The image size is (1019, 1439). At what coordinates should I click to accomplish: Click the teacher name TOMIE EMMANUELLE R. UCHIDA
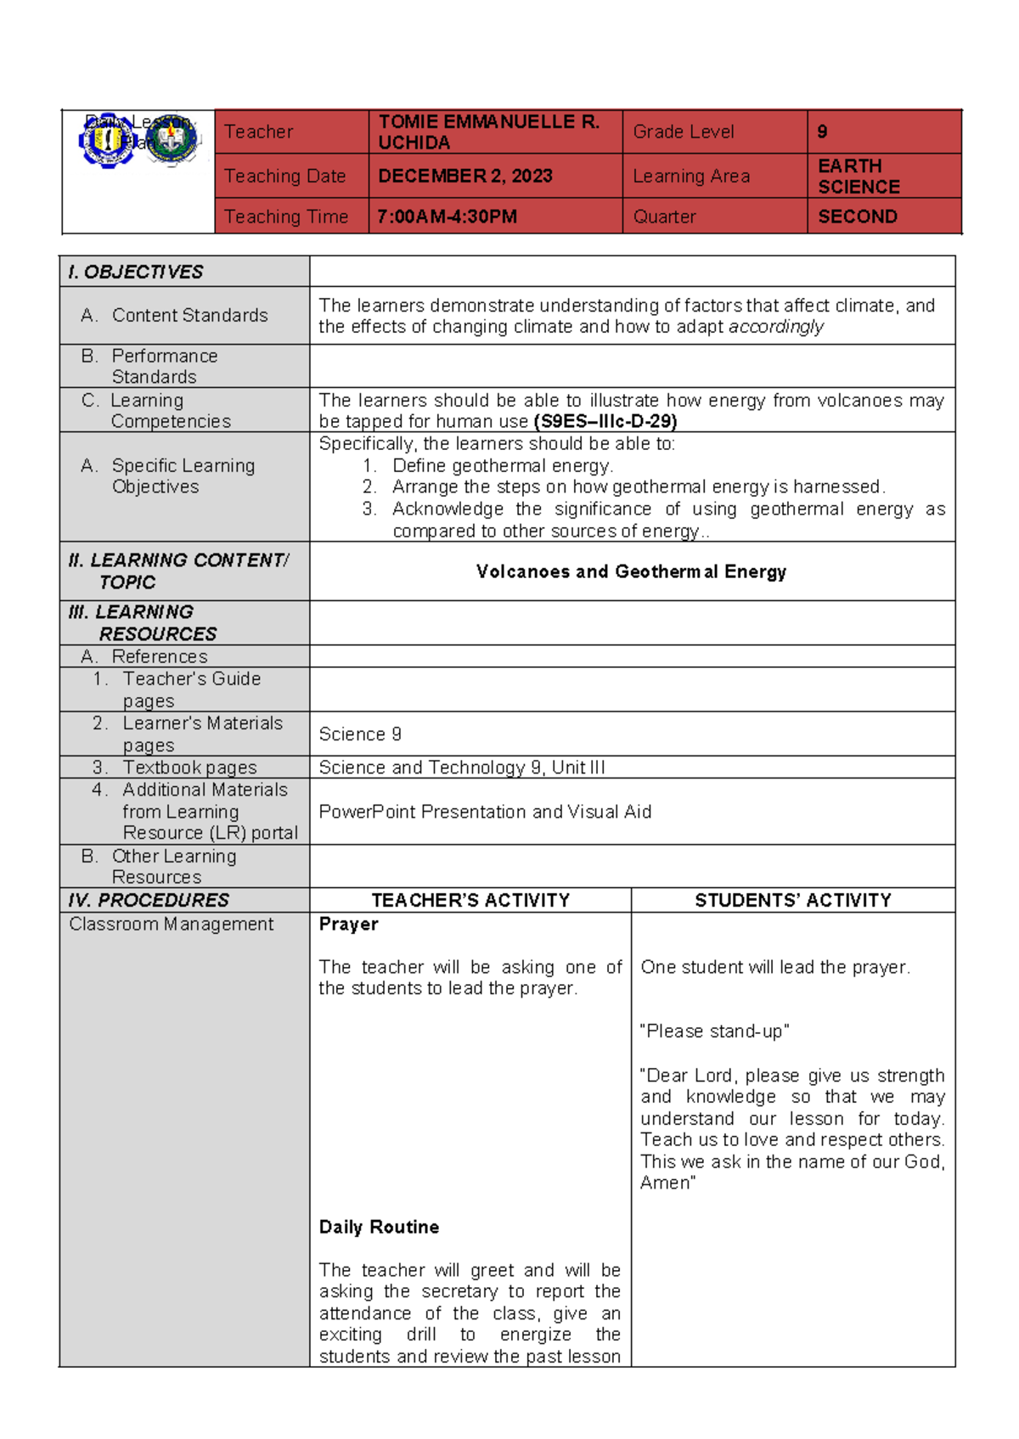(x=489, y=132)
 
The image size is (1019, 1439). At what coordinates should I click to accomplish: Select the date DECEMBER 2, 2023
(x=464, y=176)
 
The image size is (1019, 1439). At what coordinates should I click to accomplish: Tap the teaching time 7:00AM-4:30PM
(x=447, y=216)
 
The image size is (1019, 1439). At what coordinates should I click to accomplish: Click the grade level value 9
(x=822, y=132)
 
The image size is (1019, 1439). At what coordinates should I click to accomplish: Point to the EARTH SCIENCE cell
(x=858, y=176)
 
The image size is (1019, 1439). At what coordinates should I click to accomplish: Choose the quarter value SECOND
(x=857, y=216)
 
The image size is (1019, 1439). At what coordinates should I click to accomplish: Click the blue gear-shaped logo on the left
(x=106, y=141)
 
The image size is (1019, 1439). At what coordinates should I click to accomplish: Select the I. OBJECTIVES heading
(x=136, y=272)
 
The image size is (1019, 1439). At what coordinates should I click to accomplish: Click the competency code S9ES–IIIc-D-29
(x=605, y=421)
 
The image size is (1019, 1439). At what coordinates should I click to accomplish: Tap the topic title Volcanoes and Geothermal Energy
(x=631, y=571)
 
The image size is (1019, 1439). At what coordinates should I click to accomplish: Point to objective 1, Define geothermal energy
(x=502, y=465)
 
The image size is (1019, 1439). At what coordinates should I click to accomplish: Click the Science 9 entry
(x=360, y=734)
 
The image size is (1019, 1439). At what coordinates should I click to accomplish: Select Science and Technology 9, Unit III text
(x=461, y=767)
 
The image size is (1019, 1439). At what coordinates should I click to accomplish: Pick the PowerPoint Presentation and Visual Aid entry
(x=485, y=812)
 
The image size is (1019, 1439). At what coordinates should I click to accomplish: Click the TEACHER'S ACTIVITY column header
(x=470, y=900)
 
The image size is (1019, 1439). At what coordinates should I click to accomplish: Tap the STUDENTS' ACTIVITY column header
(x=793, y=900)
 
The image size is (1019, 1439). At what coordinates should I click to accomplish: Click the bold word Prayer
(x=348, y=924)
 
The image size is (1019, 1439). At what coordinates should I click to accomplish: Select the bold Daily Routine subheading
(x=379, y=1227)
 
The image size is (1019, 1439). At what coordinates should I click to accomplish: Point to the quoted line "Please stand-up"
(x=714, y=1031)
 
